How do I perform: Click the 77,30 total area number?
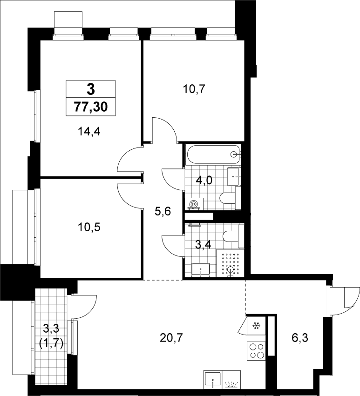point(91,107)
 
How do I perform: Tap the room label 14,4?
point(89,132)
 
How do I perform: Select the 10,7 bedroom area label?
point(194,89)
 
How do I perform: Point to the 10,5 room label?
point(89,227)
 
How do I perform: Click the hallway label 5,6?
point(163,211)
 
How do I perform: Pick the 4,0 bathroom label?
point(204,181)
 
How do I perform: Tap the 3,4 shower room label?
point(203,244)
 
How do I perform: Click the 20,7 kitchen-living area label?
point(171,338)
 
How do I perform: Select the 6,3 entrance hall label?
point(300,338)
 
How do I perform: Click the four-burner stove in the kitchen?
point(256,351)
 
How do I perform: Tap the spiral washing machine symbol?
point(194,203)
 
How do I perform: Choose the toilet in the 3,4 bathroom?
point(233,236)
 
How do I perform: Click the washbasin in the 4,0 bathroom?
point(234,176)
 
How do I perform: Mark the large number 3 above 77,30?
point(91,89)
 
